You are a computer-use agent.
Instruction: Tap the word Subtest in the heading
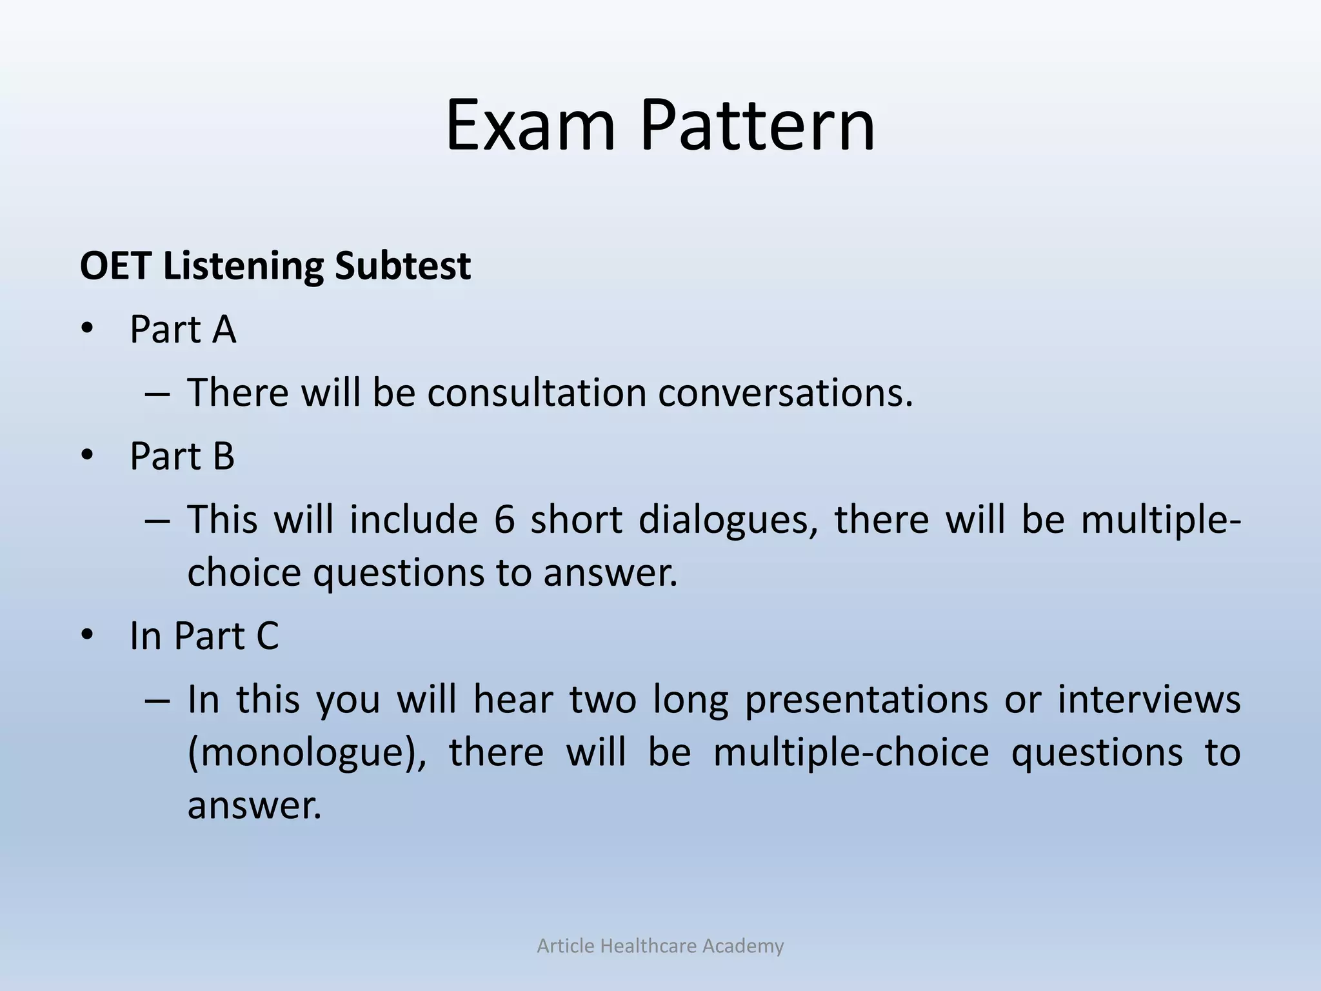(402, 266)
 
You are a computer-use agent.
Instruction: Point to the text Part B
(182, 456)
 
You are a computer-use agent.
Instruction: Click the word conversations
(785, 392)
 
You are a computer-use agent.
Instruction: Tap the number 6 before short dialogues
(504, 519)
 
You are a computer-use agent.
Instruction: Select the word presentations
(866, 699)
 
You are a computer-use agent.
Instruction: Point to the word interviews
(1148, 699)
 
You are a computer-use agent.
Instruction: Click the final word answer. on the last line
(254, 805)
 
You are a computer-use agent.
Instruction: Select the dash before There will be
(157, 394)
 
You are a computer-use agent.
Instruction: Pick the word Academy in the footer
(742, 946)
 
